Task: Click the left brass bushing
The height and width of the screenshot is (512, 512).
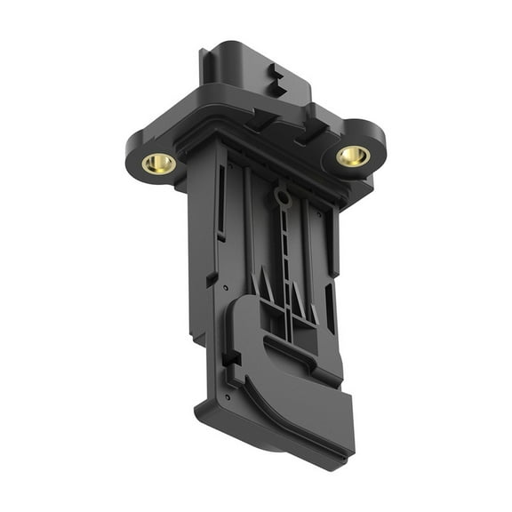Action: pos(159,163)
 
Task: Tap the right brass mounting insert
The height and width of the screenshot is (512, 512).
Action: pos(353,156)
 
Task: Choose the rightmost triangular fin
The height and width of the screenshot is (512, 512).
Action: pos(313,313)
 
